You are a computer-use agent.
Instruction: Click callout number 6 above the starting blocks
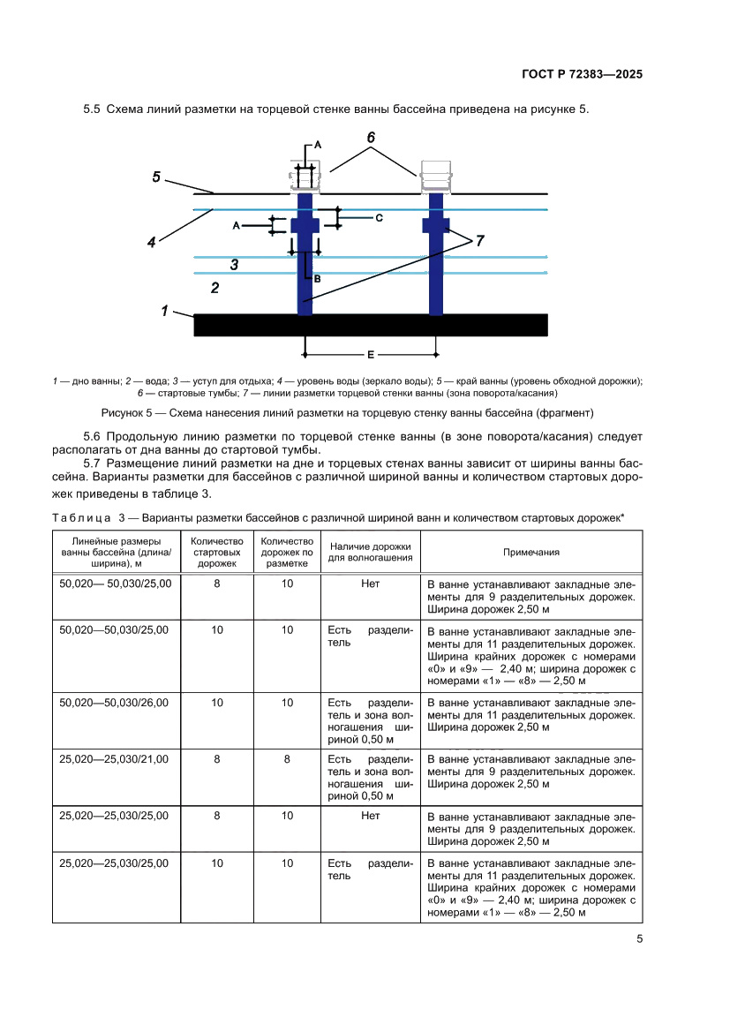(x=371, y=138)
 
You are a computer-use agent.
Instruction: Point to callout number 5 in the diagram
(x=156, y=177)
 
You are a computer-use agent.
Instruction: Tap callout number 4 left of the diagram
(x=152, y=241)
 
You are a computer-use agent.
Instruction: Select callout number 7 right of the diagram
(x=479, y=240)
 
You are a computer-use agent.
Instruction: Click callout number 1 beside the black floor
(x=165, y=310)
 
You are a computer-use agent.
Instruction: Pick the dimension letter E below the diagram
(x=371, y=354)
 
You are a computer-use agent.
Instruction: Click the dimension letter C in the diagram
(x=379, y=216)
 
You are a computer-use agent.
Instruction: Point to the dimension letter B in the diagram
(x=317, y=277)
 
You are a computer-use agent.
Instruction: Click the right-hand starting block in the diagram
(x=435, y=176)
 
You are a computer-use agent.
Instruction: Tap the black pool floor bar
(x=371, y=324)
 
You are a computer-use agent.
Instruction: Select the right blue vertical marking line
(x=435, y=265)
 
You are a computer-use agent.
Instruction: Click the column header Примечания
(x=531, y=552)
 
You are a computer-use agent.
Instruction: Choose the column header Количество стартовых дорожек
(x=216, y=552)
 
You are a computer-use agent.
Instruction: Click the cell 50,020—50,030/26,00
(x=115, y=703)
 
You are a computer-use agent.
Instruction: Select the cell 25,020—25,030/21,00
(x=115, y=758)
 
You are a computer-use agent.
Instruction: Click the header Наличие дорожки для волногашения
(x=370, y=552)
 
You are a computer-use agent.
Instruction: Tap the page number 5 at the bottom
(x=638, y=939)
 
